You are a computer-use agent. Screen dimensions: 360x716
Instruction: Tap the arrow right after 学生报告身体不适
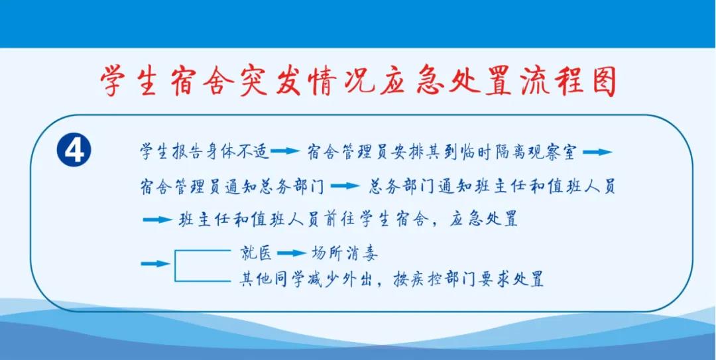tap(285, 152)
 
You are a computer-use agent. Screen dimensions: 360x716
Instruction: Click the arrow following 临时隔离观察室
tap(597, 152)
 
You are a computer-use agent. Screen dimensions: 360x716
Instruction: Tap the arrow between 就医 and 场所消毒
tap(290, 253)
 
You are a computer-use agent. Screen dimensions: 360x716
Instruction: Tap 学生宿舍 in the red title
tap(173, 82)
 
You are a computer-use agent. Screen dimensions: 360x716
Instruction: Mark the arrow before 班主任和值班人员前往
tap(156, 220)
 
